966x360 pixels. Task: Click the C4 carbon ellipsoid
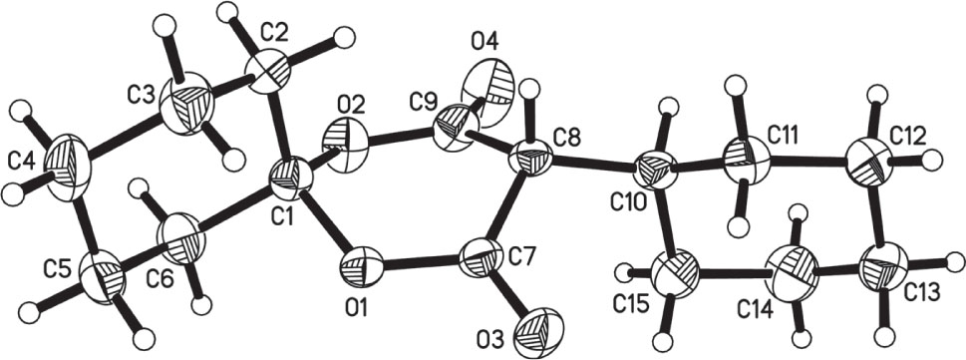click(x=75, y=166)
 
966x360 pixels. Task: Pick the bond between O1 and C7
click(x=420, y=264)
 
